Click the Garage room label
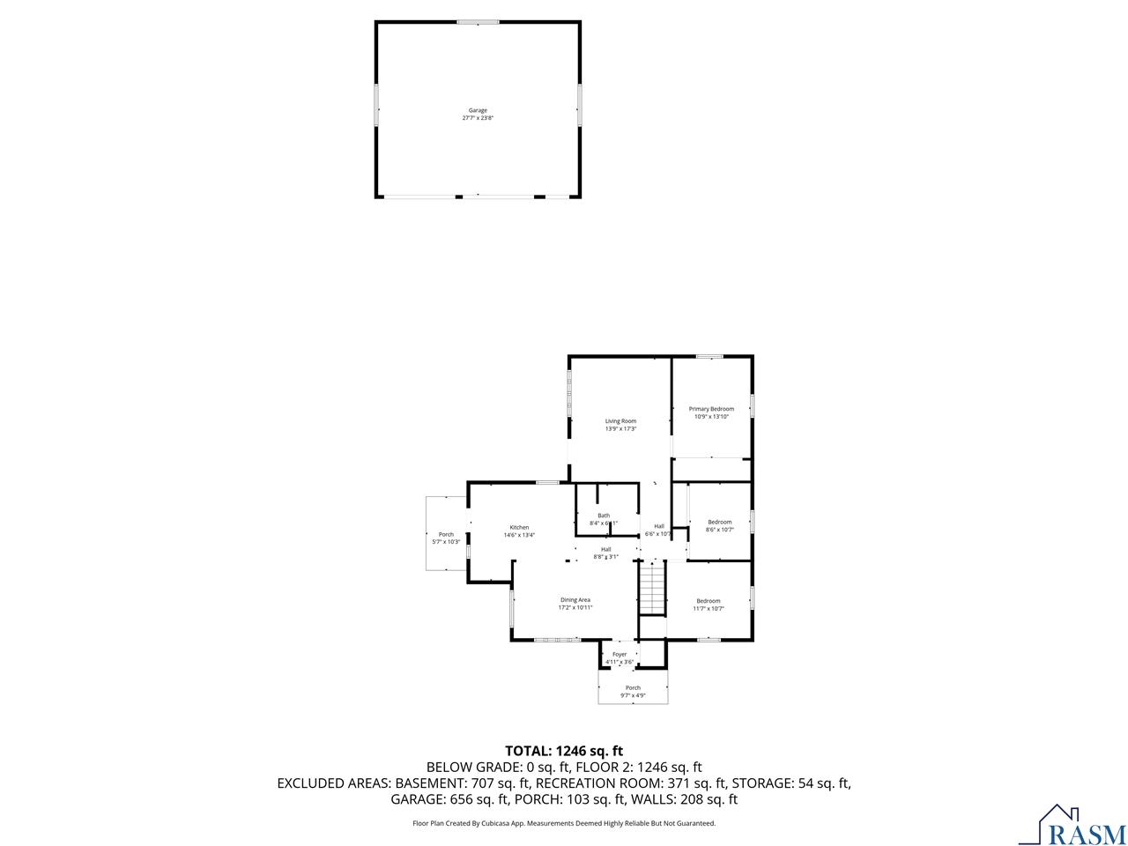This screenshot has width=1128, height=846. pyautogui.click(x=478, y=110)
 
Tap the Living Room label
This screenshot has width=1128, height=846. pyautogui.click(x=620, y=421)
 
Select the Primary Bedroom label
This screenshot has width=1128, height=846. pyautogui.click(x=711, y=409)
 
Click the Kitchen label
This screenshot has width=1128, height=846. pyautogui.click(x=519, y=527)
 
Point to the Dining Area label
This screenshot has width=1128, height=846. pyautogui.click(x=575, y=600)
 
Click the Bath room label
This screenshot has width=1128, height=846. pyautogui.click(x=604, y=516)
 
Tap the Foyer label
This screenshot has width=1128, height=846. pyautogui.click(x=620, y=655)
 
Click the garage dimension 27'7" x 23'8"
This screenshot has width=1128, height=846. pyautogui.click(x=478, y=118)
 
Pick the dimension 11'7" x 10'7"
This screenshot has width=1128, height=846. pyautogui.click(x=709, y=608)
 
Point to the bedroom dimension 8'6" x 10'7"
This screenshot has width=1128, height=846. pyautogui.click(x=720, y=530)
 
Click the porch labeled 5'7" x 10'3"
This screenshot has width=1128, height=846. pyautogui.click(x=447, y=538)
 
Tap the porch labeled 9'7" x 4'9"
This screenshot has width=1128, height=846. pyautogui.click(x=633, y=691)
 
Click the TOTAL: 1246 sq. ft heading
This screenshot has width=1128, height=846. pyautogui.click(x=564, y=751)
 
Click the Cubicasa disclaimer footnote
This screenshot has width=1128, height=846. pyautogui.click(x=564, y=823)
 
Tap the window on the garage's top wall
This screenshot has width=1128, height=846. pyautogui.click(x=478, y=22)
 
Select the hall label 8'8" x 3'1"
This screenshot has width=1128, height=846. pyautogui.click(x=605, y=553)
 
